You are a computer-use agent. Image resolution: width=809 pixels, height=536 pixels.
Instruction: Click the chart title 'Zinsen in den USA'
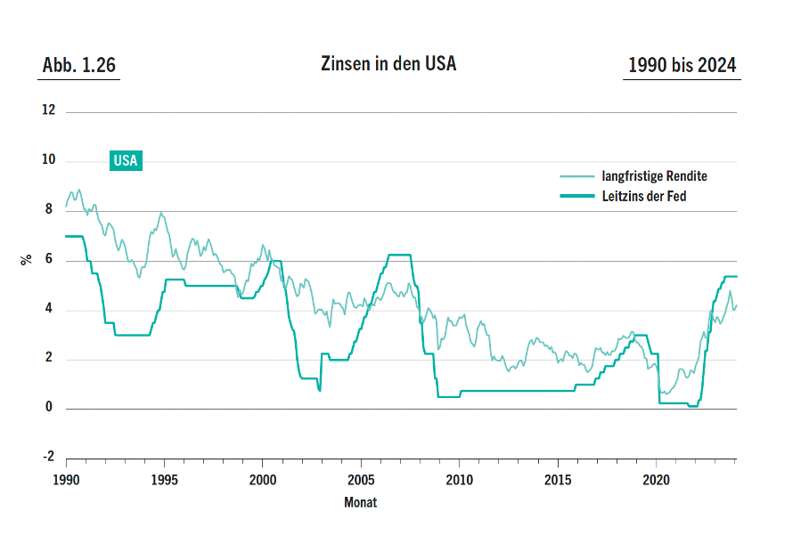(x=388, y=65)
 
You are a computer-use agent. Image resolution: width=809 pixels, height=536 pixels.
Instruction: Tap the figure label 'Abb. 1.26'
(x=78, y=66)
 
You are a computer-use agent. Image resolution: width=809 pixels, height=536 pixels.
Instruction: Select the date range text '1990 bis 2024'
(x=682, y=66)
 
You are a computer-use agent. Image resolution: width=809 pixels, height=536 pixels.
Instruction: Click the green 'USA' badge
(x=126, y=160)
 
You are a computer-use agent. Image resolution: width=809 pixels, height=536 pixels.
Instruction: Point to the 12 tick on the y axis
(x=48, y=111)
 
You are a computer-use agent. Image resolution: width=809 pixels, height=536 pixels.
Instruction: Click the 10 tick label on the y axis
(x=48, y=160)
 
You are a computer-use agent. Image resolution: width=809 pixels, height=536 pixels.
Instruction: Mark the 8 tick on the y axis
(x=51, y=210)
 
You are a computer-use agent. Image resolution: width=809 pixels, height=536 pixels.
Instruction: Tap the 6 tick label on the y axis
(x=51, y=259)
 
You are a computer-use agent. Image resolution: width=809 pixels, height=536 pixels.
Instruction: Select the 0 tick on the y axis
(x=51, y=408)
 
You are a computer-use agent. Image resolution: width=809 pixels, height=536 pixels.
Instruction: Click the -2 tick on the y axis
(x=48, y=457)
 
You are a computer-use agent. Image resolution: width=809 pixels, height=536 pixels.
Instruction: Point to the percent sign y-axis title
(x=27, y=259)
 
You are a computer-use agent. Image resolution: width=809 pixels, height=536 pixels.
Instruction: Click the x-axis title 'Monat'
(x=360, y=502)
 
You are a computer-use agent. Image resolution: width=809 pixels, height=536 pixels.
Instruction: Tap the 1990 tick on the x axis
(x=65, y=479)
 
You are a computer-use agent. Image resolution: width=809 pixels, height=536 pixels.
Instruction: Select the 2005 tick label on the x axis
(x=360, y=479)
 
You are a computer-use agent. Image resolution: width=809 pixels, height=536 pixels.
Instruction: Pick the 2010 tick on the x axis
(x=458, y=479)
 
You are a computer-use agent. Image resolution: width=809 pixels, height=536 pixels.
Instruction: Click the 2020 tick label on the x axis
(x=656, y=479)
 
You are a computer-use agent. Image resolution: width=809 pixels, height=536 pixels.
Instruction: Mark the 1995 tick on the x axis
(x=163, y=479)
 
